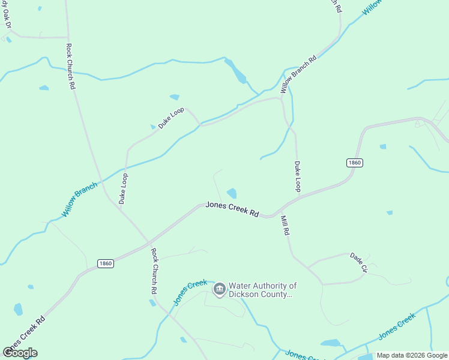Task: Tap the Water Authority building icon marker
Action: pos(220,290)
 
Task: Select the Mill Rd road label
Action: pos(285,224)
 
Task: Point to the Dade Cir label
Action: pos(358,262)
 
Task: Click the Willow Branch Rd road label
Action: pos(299,76)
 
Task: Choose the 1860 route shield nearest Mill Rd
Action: pos(354,163)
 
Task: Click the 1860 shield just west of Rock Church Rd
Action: pos(105,263)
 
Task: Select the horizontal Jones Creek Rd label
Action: pos(232,209)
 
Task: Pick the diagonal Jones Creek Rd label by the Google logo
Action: pos(24,332)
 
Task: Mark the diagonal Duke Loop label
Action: pos(171,118)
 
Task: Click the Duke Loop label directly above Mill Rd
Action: pos(297,176)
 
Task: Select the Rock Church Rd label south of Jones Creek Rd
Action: pos(154,271)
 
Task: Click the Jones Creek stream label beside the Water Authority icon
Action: pos(190,293)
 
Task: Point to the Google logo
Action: pos(20,353)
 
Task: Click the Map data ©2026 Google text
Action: pos(412,355)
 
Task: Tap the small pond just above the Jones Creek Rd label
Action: pos(232,193)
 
